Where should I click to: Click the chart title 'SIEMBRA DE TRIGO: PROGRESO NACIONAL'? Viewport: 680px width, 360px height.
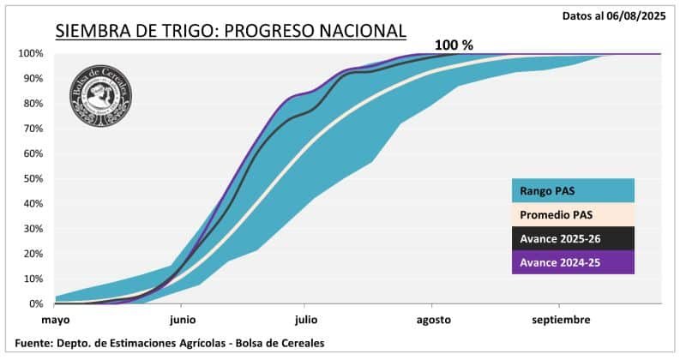[231, 32]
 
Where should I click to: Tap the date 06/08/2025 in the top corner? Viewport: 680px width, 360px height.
[636, 15]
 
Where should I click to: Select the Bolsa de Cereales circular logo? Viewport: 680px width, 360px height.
[101, 95]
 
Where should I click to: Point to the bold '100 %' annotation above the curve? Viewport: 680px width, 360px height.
[453, 45]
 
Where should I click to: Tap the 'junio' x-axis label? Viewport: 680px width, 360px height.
[182, 321]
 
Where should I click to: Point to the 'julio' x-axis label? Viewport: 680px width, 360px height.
[305, 321]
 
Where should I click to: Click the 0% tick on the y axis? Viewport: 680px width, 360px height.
[35, 303]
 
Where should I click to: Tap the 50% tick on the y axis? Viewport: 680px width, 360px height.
[33, 178]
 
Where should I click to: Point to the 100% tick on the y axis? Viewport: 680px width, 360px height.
[30, 53]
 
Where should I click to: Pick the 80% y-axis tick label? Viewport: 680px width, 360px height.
[33, 103]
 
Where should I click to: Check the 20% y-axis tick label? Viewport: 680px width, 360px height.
[33, 254]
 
